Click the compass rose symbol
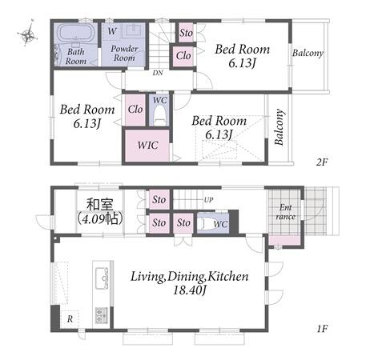point(27,34)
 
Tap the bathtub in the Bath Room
point(75,33)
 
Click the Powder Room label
point(124,53)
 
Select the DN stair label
point(158,73)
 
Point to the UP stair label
point(208,200)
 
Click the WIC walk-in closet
point(147,146)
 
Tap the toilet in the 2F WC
point(160,115)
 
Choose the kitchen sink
point(102,278)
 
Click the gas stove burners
point(102,316)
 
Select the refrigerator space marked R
point(70,319)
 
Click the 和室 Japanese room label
point(100,205)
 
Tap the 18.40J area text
point(189,290)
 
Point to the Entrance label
point(285,212)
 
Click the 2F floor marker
point(322,162)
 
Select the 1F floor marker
point(322,329)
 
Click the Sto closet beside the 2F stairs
point(186,33)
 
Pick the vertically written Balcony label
point(279,127)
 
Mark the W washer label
point(112,31)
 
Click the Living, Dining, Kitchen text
point(189,277)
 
